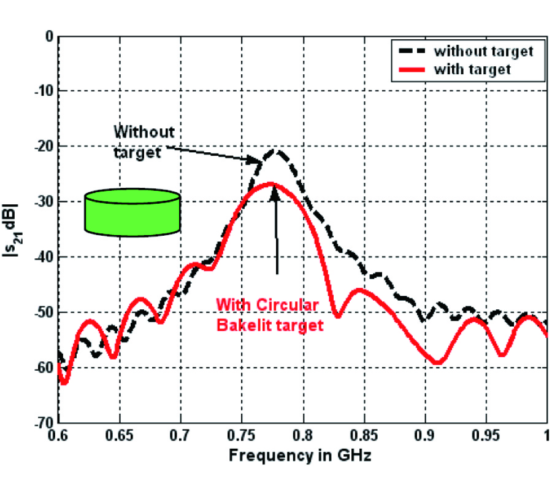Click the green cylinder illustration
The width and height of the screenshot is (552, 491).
[132, 211]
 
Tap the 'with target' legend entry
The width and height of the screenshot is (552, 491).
[472, 69]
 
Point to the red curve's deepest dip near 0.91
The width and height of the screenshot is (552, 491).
[437, 363]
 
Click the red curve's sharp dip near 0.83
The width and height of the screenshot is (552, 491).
[337, 316]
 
